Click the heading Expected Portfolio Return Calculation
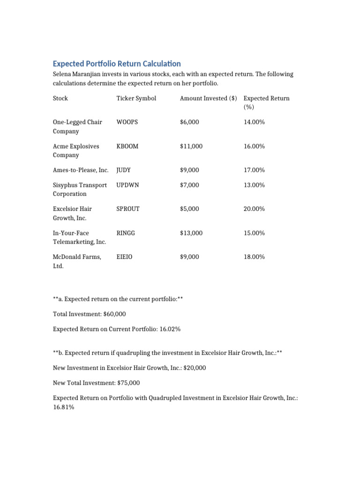[117, 63]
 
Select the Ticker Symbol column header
[136, 98]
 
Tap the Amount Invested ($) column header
[208, 98]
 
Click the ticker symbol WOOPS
[128, 122]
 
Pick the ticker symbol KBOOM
[127, 146]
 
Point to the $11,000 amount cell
[191, 146]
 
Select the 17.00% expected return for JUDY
[254, 170]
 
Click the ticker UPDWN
[127, 185]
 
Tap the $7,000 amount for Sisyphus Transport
[189, 185]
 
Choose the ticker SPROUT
[128, 209]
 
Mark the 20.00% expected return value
[254, 209]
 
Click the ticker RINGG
[126, 233]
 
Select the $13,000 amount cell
[191, 233]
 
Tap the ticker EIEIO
[125, 257]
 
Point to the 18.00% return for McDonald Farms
[254, 257]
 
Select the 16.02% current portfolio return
[170, 329]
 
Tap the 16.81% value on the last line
[63, 407]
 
